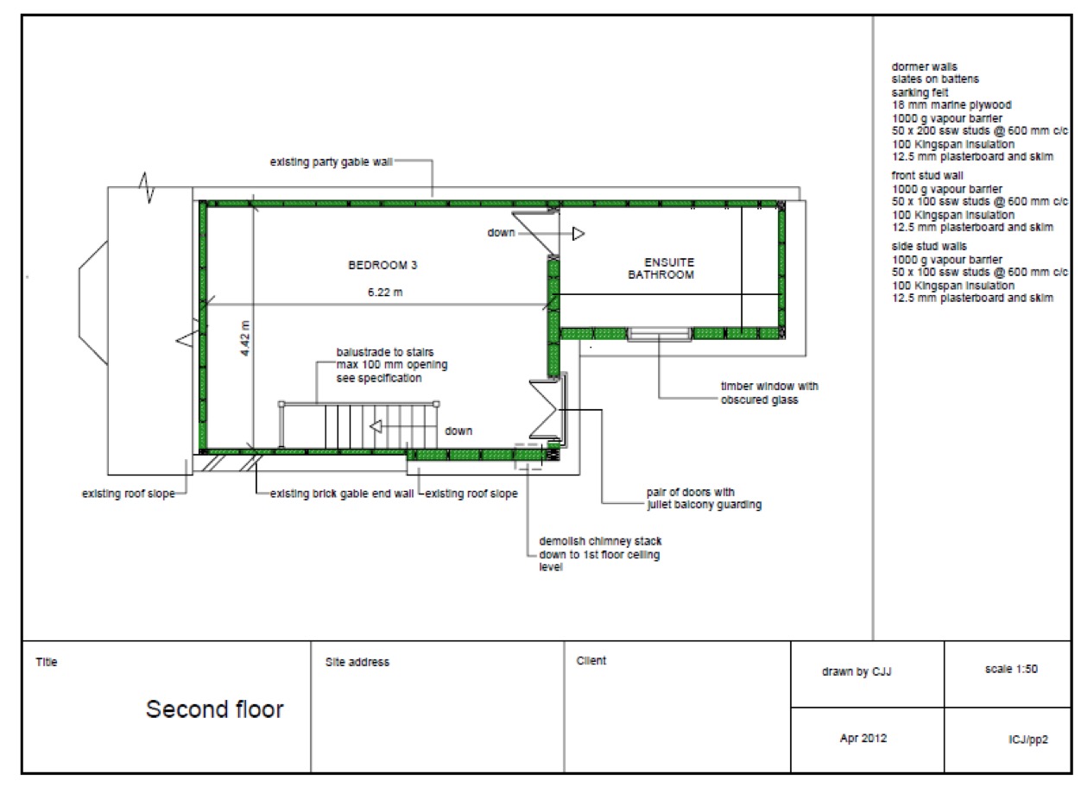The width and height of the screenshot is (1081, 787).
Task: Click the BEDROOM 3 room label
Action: (x=382, y=265)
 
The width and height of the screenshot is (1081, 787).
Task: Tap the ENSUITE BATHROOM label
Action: (x=661, y=268)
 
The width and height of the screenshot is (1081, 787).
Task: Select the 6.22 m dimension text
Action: (x=385, y=293)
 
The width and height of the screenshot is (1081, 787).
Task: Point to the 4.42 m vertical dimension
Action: (x=245, y=338)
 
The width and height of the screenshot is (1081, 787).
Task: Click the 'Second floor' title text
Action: (x=215, y=709)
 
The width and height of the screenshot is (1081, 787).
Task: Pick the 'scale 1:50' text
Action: (x=1012, y=670)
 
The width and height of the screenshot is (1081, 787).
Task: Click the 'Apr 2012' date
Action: (x=863, y=739)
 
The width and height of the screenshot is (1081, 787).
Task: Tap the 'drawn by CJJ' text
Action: (x=857, y=671)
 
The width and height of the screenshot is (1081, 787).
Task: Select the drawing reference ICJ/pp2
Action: (x=1028, y=740)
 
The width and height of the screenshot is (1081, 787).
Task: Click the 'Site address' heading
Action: (x=357, y=662)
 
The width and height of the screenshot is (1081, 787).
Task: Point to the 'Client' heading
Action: (x=591, y=661)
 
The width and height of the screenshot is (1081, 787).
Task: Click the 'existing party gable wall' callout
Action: (x=331, y=162)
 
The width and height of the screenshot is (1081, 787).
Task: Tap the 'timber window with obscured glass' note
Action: (x=769, y=393)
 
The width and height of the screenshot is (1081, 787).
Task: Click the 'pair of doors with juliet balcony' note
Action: (x=704, y=499)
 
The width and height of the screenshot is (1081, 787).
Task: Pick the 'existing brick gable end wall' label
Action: (x=342, y=494)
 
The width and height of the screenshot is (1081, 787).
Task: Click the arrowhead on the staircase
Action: (x=376, y=427)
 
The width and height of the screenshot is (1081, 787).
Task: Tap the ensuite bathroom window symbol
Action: (x=659, y=334)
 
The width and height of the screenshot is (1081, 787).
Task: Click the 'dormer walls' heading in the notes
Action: (x=924, y=66)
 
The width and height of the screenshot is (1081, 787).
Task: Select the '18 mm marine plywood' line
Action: (x=951, y=105)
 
